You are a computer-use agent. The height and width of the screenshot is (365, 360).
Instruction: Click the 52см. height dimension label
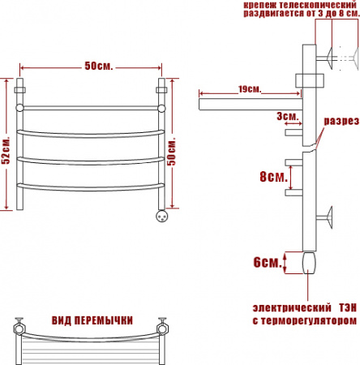pyautogui.click(x=6, y=149)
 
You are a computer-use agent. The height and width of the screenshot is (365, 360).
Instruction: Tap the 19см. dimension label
pyautogui.click(x=250, y=89)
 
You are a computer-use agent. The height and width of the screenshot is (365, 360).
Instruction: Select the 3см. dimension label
pyautogui.click(x=288, y=116)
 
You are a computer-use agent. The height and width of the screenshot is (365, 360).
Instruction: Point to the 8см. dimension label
pyautogui.click(x=273, y=177)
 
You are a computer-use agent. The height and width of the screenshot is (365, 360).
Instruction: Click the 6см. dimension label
pyautogui.click(x=268, y=262)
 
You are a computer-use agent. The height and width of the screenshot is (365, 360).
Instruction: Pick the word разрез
pyautogui.click(x=341, y=121)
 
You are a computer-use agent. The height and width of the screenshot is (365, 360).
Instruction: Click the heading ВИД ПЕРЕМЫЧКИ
pyautogui.click(x=92, y=320)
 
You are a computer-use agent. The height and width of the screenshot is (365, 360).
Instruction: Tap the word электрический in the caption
pyautogui.click(x=292, y=307)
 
